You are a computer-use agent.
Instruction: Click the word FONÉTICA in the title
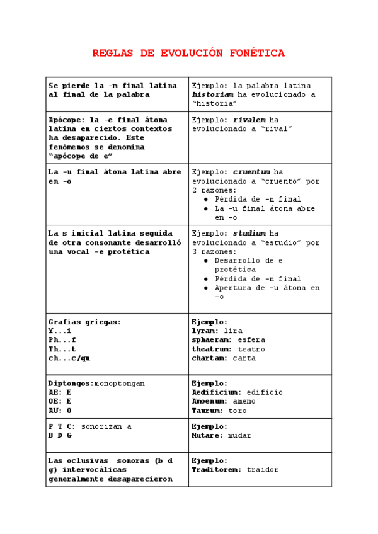pyautogui.click(x=255, y=54)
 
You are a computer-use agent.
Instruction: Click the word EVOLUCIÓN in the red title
pyautogui.click(x=189, y=54)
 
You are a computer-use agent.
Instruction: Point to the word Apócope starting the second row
pyautogui.click(x=66, y=120)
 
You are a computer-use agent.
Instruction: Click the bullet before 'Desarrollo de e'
pyautogui.click(x=207, y=261)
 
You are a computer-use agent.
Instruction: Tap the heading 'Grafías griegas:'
pyautogui.click(x=84, y=322)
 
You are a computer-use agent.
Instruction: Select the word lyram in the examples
pyautogui.click(x=205, y=331)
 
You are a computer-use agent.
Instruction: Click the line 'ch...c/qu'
pyautogui.click(x=69, y=358)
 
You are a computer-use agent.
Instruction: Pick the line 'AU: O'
pyautogui.click(x=60, y=411)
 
